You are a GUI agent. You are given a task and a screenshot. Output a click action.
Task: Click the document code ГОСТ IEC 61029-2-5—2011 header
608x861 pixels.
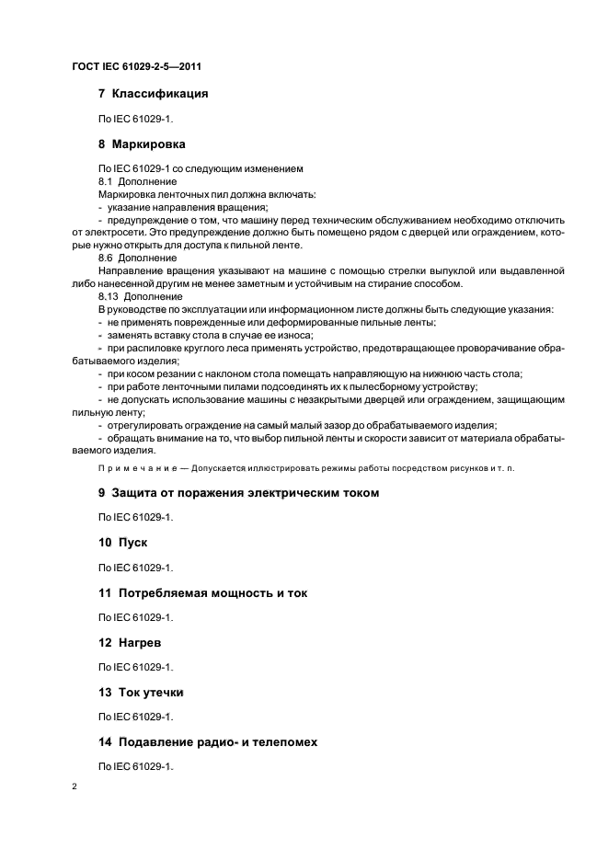click(x=136, y=66)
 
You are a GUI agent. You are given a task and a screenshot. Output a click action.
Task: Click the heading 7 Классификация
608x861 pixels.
click(x=153, y=94)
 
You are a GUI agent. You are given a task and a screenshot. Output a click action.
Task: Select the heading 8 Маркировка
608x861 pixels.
click(x=142, y=144)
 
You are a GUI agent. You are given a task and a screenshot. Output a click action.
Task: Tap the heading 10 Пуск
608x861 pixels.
click(x=122, y=543)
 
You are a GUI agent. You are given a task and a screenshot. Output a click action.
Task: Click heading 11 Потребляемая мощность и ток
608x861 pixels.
click(x=202, y=593)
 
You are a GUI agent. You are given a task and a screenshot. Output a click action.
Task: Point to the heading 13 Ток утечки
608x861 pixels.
click(x=141, y=692)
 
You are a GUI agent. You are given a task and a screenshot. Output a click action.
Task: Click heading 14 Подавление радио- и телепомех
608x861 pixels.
click(x=208, y=741)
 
